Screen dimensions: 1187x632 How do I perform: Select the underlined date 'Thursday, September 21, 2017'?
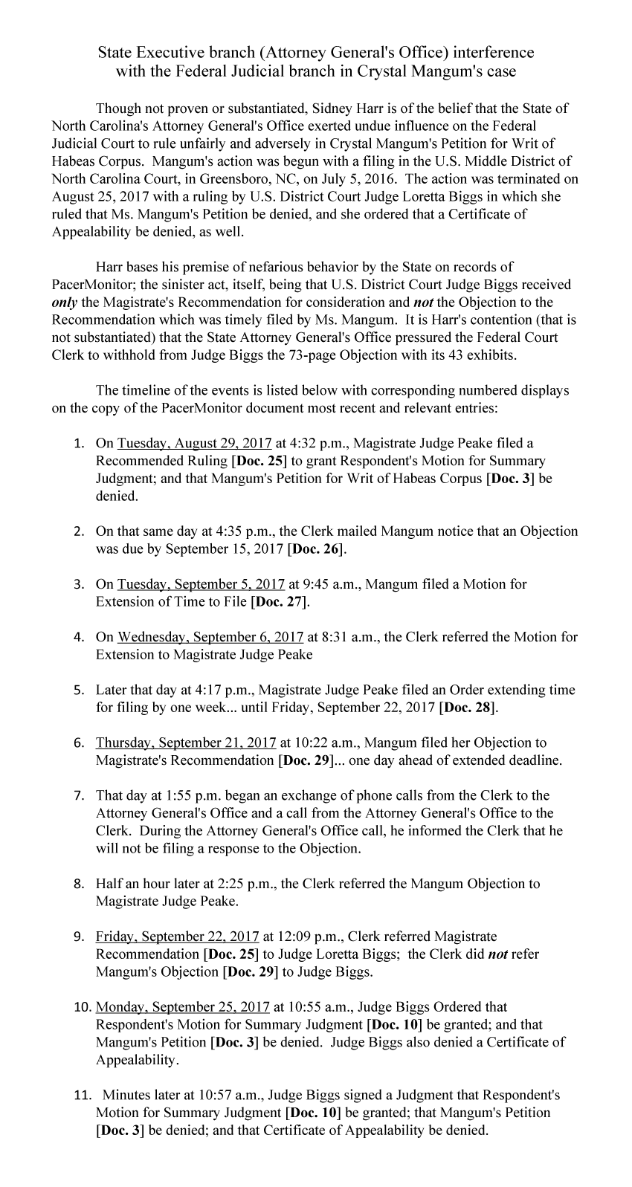coord(186,743)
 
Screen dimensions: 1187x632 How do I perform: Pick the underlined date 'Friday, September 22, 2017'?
coord(177,937)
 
